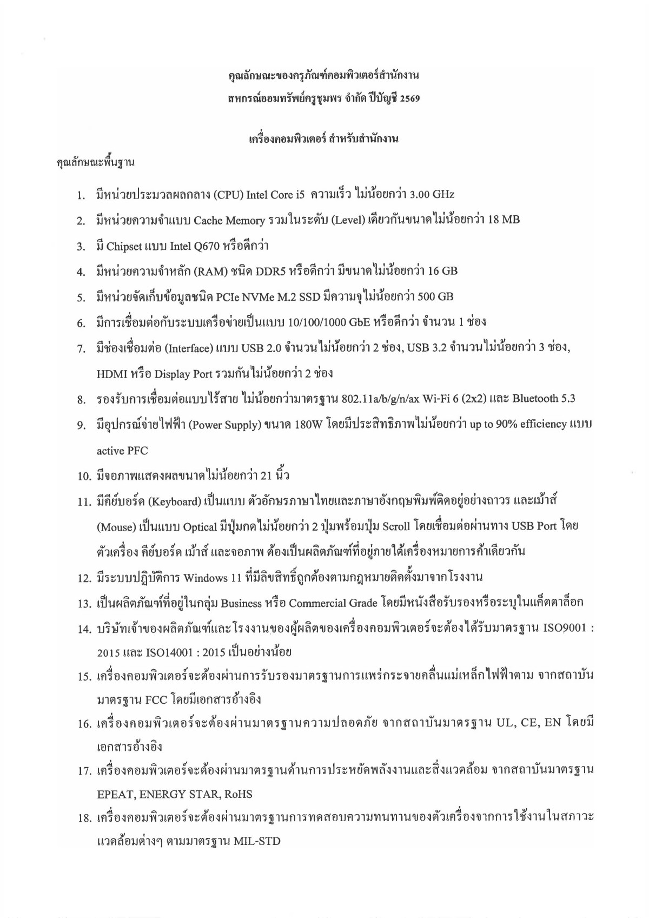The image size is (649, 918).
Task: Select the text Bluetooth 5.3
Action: pos(544,399)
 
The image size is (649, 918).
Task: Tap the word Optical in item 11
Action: pos(200,527)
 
